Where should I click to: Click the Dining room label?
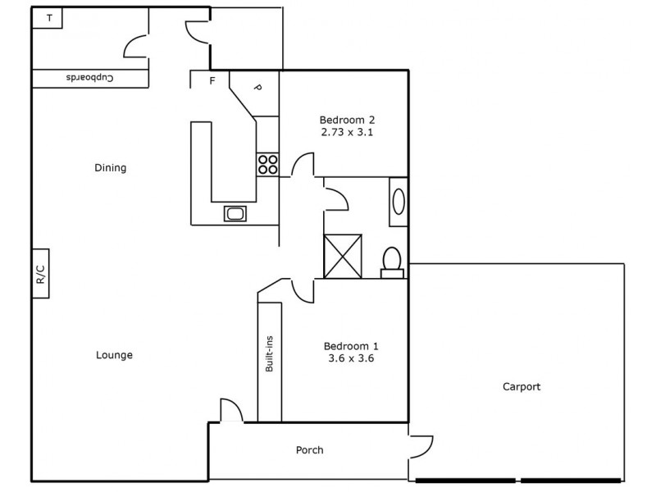(x=110, y=168)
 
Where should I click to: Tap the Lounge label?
(x=114, y=355)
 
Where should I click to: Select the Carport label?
(x=522, y=387)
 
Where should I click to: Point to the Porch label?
(x=309, y=450)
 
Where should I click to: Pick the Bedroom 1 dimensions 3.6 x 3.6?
(x=351, y=358)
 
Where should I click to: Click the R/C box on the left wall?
(x=40, y=273)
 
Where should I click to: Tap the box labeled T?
(x=49, y=17)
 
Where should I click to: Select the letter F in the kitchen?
(x=212, y=80)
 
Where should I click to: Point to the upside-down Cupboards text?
(x=89, y=78)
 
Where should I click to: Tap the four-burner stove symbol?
(x=267, y=164)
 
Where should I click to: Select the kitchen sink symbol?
(x=236, y=214)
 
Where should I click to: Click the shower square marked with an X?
(x=343, y=256)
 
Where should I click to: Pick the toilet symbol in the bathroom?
(x=392, y=261)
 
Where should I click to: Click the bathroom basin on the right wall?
(x=399, y=201)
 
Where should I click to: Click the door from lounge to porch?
(x=232, y=411)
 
